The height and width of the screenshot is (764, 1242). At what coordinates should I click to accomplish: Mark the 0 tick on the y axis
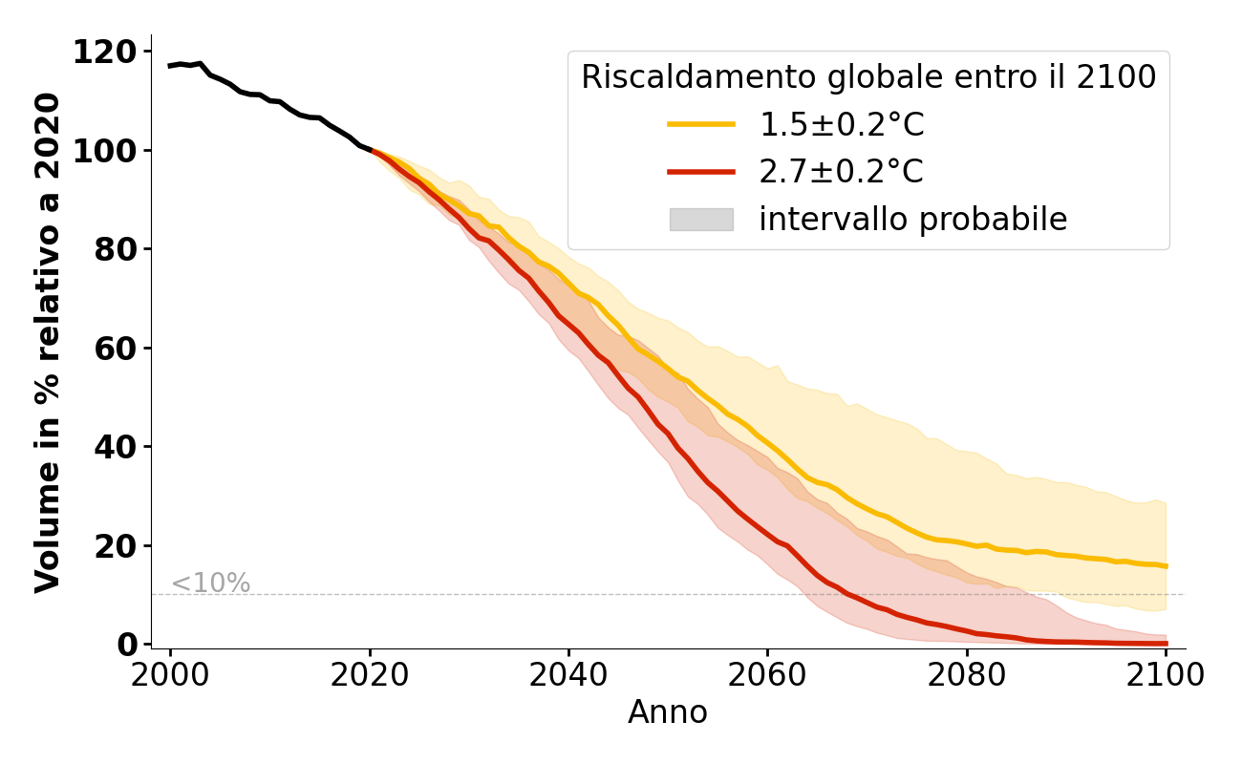tap(126, 645)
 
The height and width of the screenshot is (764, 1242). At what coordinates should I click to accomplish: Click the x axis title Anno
tap(668, 713)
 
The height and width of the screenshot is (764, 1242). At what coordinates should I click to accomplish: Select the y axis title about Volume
tap(48, 342)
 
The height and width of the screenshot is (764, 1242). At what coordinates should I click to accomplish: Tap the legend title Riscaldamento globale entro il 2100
tap(868, 77)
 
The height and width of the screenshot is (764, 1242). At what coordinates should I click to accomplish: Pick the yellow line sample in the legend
tap(701, 124)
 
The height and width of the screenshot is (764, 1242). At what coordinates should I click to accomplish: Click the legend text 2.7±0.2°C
tap(841, 172)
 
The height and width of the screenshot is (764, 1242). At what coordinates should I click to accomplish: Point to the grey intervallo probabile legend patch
tap(701, 220)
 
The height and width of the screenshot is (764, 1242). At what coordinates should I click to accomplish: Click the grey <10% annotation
tap(210, 584)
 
